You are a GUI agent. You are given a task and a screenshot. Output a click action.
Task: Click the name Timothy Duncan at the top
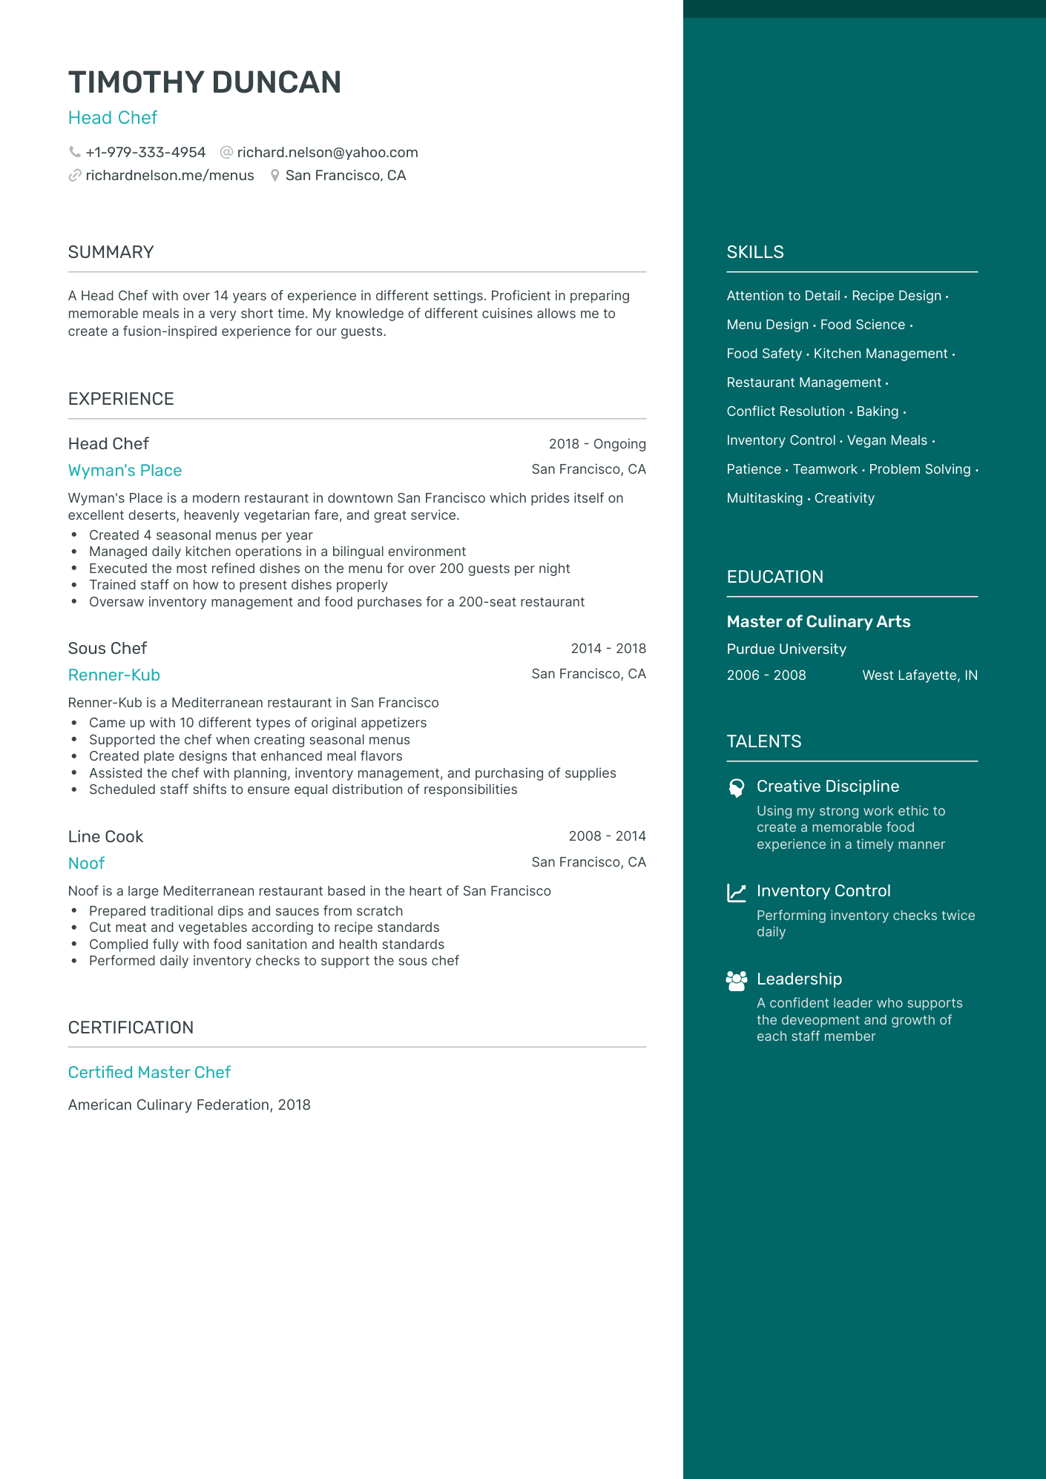(204, 82)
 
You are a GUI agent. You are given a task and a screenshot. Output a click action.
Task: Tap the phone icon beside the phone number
(75, 152)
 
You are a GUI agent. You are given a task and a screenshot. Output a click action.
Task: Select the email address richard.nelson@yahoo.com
(327, 152)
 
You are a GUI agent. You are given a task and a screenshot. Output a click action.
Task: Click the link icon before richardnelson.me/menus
(75, 176)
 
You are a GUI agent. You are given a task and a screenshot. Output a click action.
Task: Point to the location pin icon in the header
(274, 176)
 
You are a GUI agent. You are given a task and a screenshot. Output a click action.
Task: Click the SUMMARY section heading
(111, 252)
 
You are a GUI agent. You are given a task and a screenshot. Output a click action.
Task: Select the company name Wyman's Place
(125, 471)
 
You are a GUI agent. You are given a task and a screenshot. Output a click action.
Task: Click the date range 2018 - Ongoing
(596, 444)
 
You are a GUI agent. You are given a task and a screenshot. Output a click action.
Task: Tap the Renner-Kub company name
(114, 675)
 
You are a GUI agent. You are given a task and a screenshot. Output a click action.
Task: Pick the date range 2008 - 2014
(607, 836)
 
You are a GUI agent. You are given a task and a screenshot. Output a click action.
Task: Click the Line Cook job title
(105, 837)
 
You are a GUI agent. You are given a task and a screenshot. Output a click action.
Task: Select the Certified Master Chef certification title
(149, 1073)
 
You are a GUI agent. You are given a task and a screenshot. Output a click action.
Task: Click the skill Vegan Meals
(887, 440)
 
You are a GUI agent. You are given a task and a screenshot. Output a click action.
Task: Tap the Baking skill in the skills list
(877, 411)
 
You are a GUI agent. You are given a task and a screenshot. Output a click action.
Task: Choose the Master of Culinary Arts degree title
(818, 622)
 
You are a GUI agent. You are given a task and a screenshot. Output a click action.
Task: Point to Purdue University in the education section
(786, 649)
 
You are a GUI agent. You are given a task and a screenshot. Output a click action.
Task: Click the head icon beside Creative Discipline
(736, 788)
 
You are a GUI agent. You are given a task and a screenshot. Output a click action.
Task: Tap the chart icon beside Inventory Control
(736, 893)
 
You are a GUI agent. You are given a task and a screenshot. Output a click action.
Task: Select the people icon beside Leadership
(736, 981)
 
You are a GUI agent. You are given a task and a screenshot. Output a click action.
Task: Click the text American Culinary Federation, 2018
(189, 1105)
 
